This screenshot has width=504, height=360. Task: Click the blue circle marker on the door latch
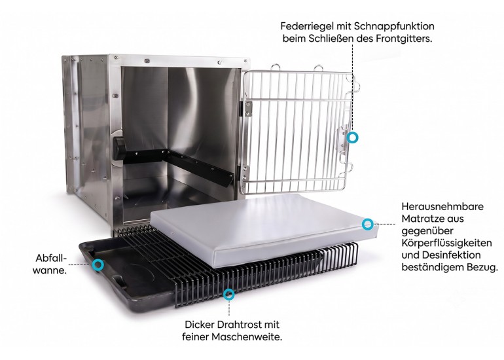352,137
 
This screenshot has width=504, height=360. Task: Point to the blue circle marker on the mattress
367,225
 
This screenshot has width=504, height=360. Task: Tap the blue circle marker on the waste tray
98,265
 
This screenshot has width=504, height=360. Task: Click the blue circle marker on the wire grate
228,295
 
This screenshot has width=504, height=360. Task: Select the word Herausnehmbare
442,206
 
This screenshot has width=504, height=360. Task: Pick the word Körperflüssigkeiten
446,243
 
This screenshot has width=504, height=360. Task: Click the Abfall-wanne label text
50,264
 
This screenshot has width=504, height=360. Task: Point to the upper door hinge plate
248,108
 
